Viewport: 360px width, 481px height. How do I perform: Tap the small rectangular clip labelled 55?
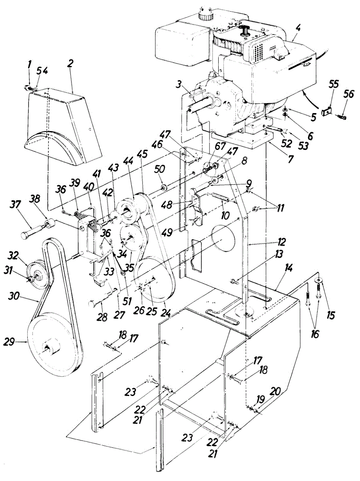[327, 109]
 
